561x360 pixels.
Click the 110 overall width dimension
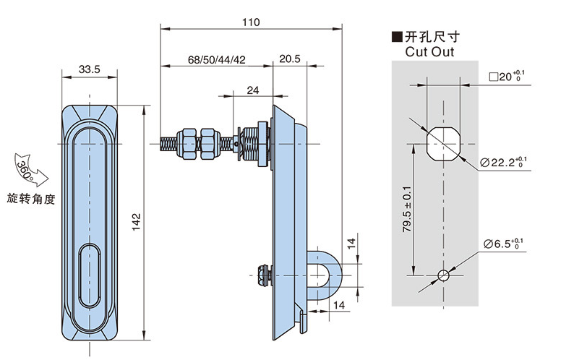coord(250,22)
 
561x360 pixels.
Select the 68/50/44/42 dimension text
coord(216,59)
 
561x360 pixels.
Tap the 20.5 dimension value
coord(290,59)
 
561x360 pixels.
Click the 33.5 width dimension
coord(90,69)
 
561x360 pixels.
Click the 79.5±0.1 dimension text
coord(407,207)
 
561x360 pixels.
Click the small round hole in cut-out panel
coord(444,275)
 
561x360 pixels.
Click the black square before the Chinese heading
coord(395,36)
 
